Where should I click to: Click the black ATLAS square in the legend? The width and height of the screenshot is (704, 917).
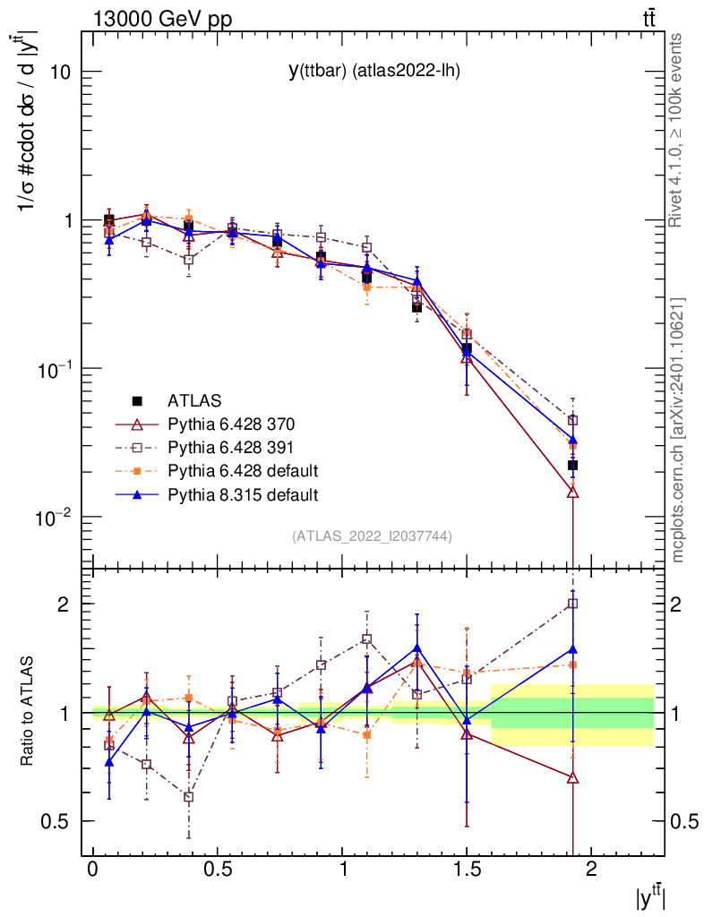click(x=137, y=399)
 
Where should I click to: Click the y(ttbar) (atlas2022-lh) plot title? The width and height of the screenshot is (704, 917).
click(x=373, y=71)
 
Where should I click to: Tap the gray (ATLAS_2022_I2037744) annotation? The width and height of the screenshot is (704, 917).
click(x=372, y=536)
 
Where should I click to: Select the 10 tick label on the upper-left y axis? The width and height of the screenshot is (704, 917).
click(x=61, y=72)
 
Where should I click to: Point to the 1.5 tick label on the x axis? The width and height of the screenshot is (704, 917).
click(x=466, y=870)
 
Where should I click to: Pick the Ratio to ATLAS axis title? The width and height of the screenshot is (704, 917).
click(x=28, y=712)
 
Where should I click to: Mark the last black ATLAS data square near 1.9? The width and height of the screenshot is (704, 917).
click(x=572, y=465)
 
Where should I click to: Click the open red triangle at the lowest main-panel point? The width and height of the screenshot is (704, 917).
click(x=572, y=493)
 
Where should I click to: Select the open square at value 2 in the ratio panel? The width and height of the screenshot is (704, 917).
click(x=572, y=604)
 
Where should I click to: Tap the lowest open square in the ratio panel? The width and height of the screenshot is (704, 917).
click(x=188, y=797)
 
